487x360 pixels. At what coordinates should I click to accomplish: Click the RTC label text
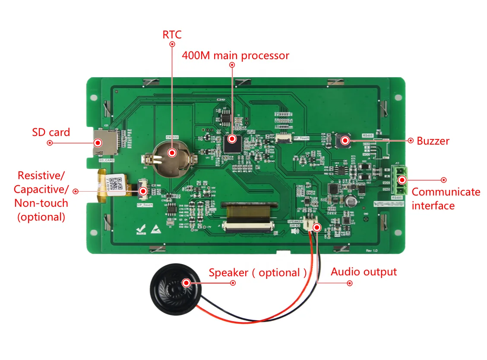pyautogui.click(x=172, y=35)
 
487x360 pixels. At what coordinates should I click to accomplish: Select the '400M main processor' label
pyautogui.click(x=235, y=56)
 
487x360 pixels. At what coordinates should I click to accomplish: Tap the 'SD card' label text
pyautogui.click(x=51, y=132)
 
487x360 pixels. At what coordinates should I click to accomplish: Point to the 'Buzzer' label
pyautogui.click(x=433, y=141)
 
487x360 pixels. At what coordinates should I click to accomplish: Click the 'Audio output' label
pyautogui.click(x=364, y=272)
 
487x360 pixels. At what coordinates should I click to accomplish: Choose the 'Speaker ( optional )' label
pyautogui.click(x=258, y=273)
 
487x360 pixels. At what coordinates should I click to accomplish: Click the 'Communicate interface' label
pyautogui.click(x=446, y=199)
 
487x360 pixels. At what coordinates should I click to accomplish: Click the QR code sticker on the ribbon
pyautogui.click(x=116, y=186)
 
